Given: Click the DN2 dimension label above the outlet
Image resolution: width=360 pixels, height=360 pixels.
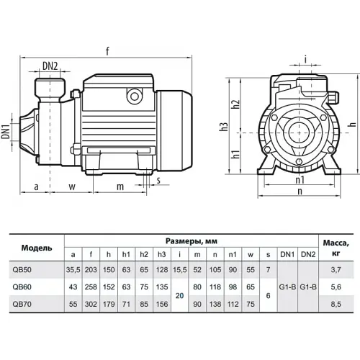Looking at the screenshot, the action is click(x=50, y=66).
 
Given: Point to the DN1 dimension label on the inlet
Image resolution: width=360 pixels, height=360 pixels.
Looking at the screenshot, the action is click(x=6, y=131).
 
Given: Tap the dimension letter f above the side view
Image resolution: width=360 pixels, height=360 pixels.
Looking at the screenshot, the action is click(x=107, y=51).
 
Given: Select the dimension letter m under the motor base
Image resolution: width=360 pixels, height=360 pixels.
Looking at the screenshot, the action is click(x=120, y=186).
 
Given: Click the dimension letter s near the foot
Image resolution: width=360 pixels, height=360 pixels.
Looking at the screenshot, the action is click(x=158, y=180).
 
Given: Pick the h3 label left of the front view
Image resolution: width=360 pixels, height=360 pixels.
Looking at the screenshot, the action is click(x=223, y=127).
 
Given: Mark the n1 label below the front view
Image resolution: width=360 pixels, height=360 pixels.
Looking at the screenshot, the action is click(x=300, y=179).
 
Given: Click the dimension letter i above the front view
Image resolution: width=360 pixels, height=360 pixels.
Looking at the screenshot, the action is click(x=305, y=59).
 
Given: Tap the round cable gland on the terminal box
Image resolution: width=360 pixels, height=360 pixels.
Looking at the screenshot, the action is click(x=135, y=96).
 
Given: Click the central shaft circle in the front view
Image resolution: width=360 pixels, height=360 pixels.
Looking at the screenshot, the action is click(x=299, y=132).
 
